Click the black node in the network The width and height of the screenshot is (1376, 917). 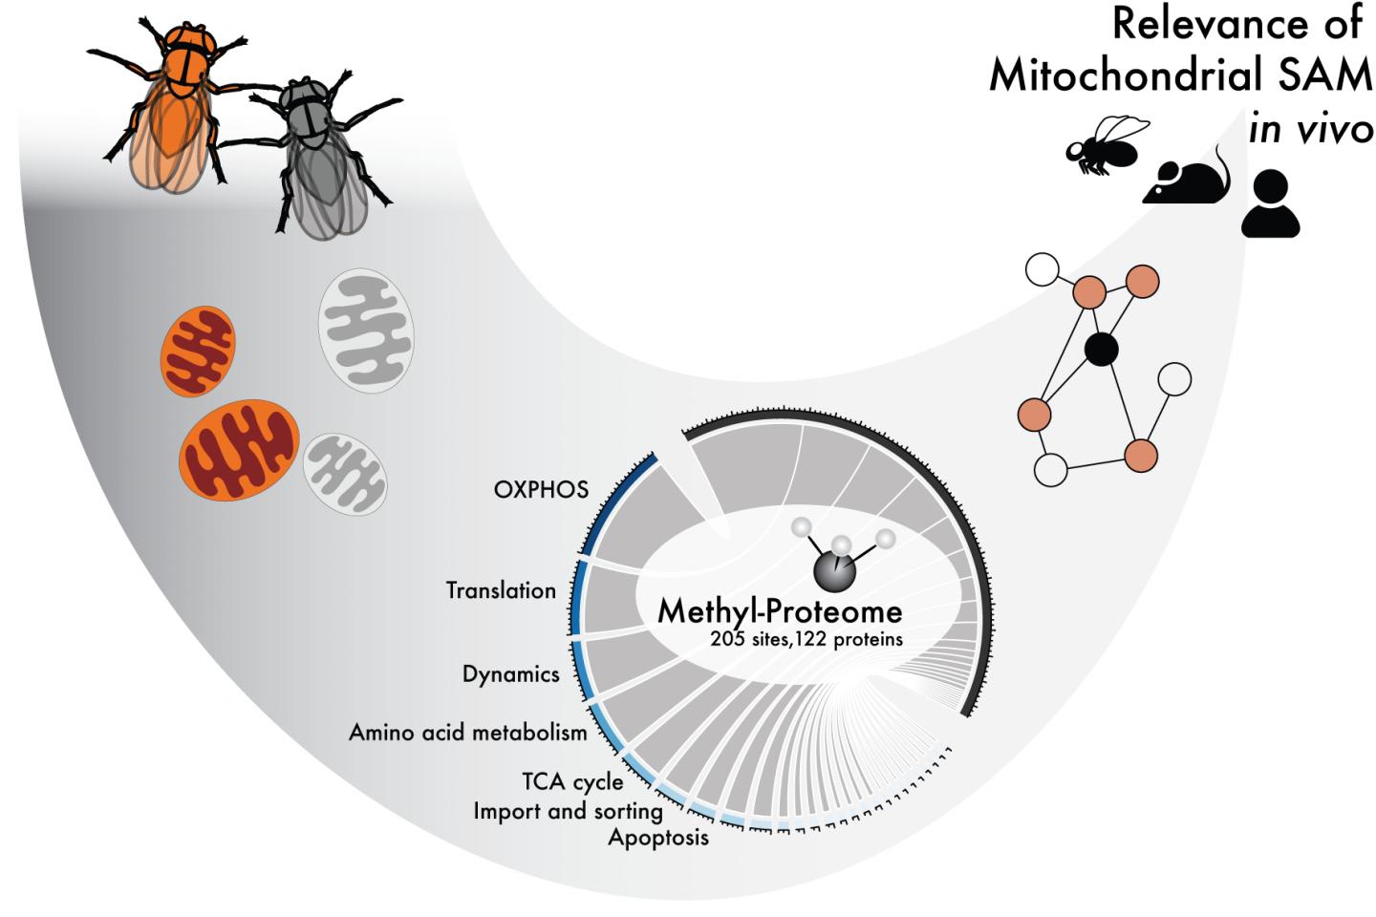pos(1101,349)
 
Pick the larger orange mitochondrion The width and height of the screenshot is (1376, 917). pos(239,450)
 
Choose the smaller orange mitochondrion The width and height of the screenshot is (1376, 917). pos(198,351)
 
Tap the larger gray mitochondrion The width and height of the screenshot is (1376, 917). pos(366,331)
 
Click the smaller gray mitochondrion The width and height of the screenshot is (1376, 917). pos(345,474)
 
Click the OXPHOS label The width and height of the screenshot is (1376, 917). pos(541,489)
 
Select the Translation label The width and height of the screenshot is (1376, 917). pos(501,590)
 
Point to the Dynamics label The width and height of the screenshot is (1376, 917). pos(510,674)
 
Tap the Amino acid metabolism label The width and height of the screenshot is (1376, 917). pos(467,733)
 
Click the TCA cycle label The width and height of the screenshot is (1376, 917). pos(572,781)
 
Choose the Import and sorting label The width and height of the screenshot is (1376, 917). pos(568,811)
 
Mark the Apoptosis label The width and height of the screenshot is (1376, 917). pos(658,838)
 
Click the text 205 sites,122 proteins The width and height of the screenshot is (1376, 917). pos(806,639)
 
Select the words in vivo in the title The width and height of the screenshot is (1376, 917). pos(1310,129)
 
